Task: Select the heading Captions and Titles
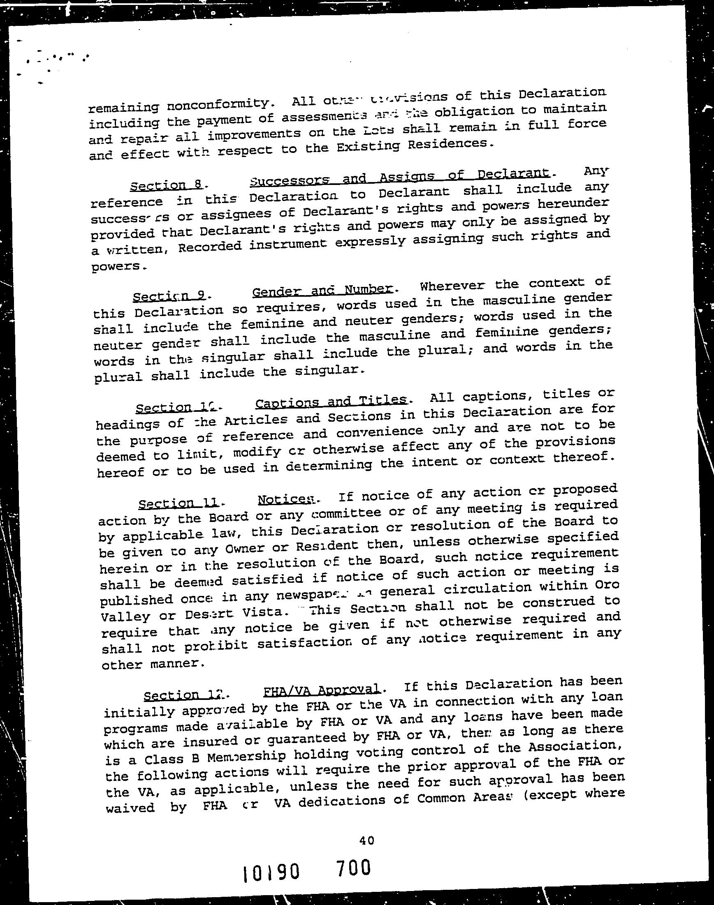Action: (331, 402)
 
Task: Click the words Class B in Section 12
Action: (167, 758)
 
